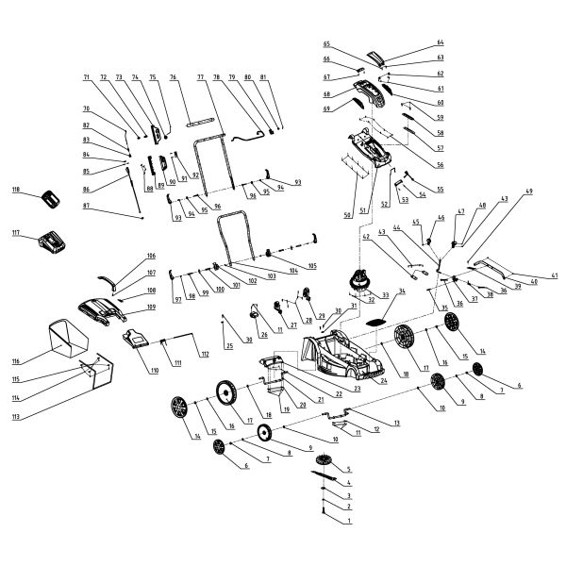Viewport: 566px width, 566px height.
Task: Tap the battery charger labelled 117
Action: point(51,243)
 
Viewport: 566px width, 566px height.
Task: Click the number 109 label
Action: point(150,308)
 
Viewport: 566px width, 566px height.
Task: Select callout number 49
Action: point(529,191)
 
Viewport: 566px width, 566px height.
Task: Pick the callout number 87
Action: point(86,206)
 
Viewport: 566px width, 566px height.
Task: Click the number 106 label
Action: point(150,256)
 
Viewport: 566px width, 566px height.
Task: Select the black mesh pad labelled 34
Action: point(376,321)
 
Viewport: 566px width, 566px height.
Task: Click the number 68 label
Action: point(326,94)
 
